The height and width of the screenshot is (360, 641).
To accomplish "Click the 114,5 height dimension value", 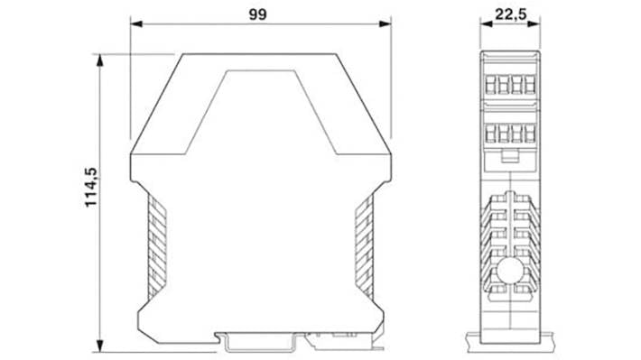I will pos(91,199).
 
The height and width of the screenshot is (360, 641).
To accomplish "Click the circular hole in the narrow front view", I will pos(512,274).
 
